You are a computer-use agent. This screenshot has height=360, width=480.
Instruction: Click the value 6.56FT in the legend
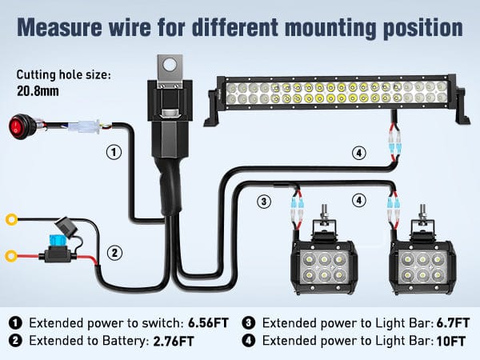(206, 323)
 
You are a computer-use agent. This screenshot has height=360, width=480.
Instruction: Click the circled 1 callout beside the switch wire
(114, 151)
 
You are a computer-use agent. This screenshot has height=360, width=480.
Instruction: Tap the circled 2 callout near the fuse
(115, 253)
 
